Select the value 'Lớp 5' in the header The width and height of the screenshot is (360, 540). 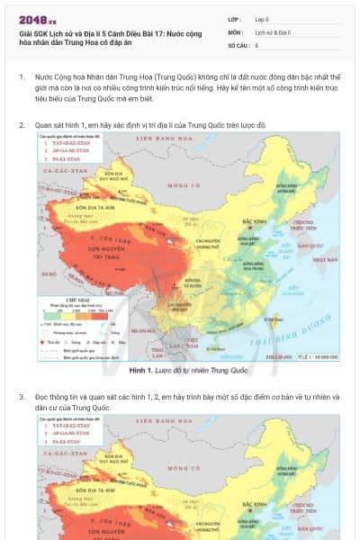tap(262, 18)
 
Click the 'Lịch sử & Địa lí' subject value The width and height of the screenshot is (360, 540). tap(273, 31)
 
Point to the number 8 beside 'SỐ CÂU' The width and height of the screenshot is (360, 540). tap(256, 44)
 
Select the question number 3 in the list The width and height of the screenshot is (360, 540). tap(22, 396)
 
